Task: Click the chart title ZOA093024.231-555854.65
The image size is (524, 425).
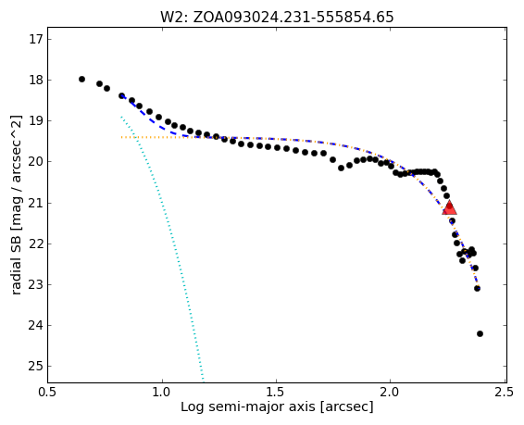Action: point(293,17)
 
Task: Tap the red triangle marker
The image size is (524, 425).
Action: point(449,207)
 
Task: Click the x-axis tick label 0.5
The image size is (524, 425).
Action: point(48,392)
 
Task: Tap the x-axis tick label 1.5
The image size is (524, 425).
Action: point(277,392)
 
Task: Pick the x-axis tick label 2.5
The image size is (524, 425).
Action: point(505,392)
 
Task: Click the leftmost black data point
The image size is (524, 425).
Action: point(81,80)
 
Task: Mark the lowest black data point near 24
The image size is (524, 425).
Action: point(480,333)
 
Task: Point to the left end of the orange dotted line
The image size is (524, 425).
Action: point(121,137)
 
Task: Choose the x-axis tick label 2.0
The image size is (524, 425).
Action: point(390,392)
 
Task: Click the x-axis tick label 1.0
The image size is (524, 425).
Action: point(162,392)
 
